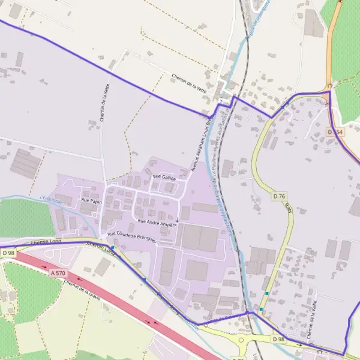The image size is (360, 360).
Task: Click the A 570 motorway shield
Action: tap(58, 273)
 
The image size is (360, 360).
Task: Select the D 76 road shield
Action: tap(279, 196)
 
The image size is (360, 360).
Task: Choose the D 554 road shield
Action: tap(335, 131)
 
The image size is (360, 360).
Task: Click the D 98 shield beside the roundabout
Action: tap(278, 339)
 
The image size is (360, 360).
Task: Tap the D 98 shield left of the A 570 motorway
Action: tap(8, 253)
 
